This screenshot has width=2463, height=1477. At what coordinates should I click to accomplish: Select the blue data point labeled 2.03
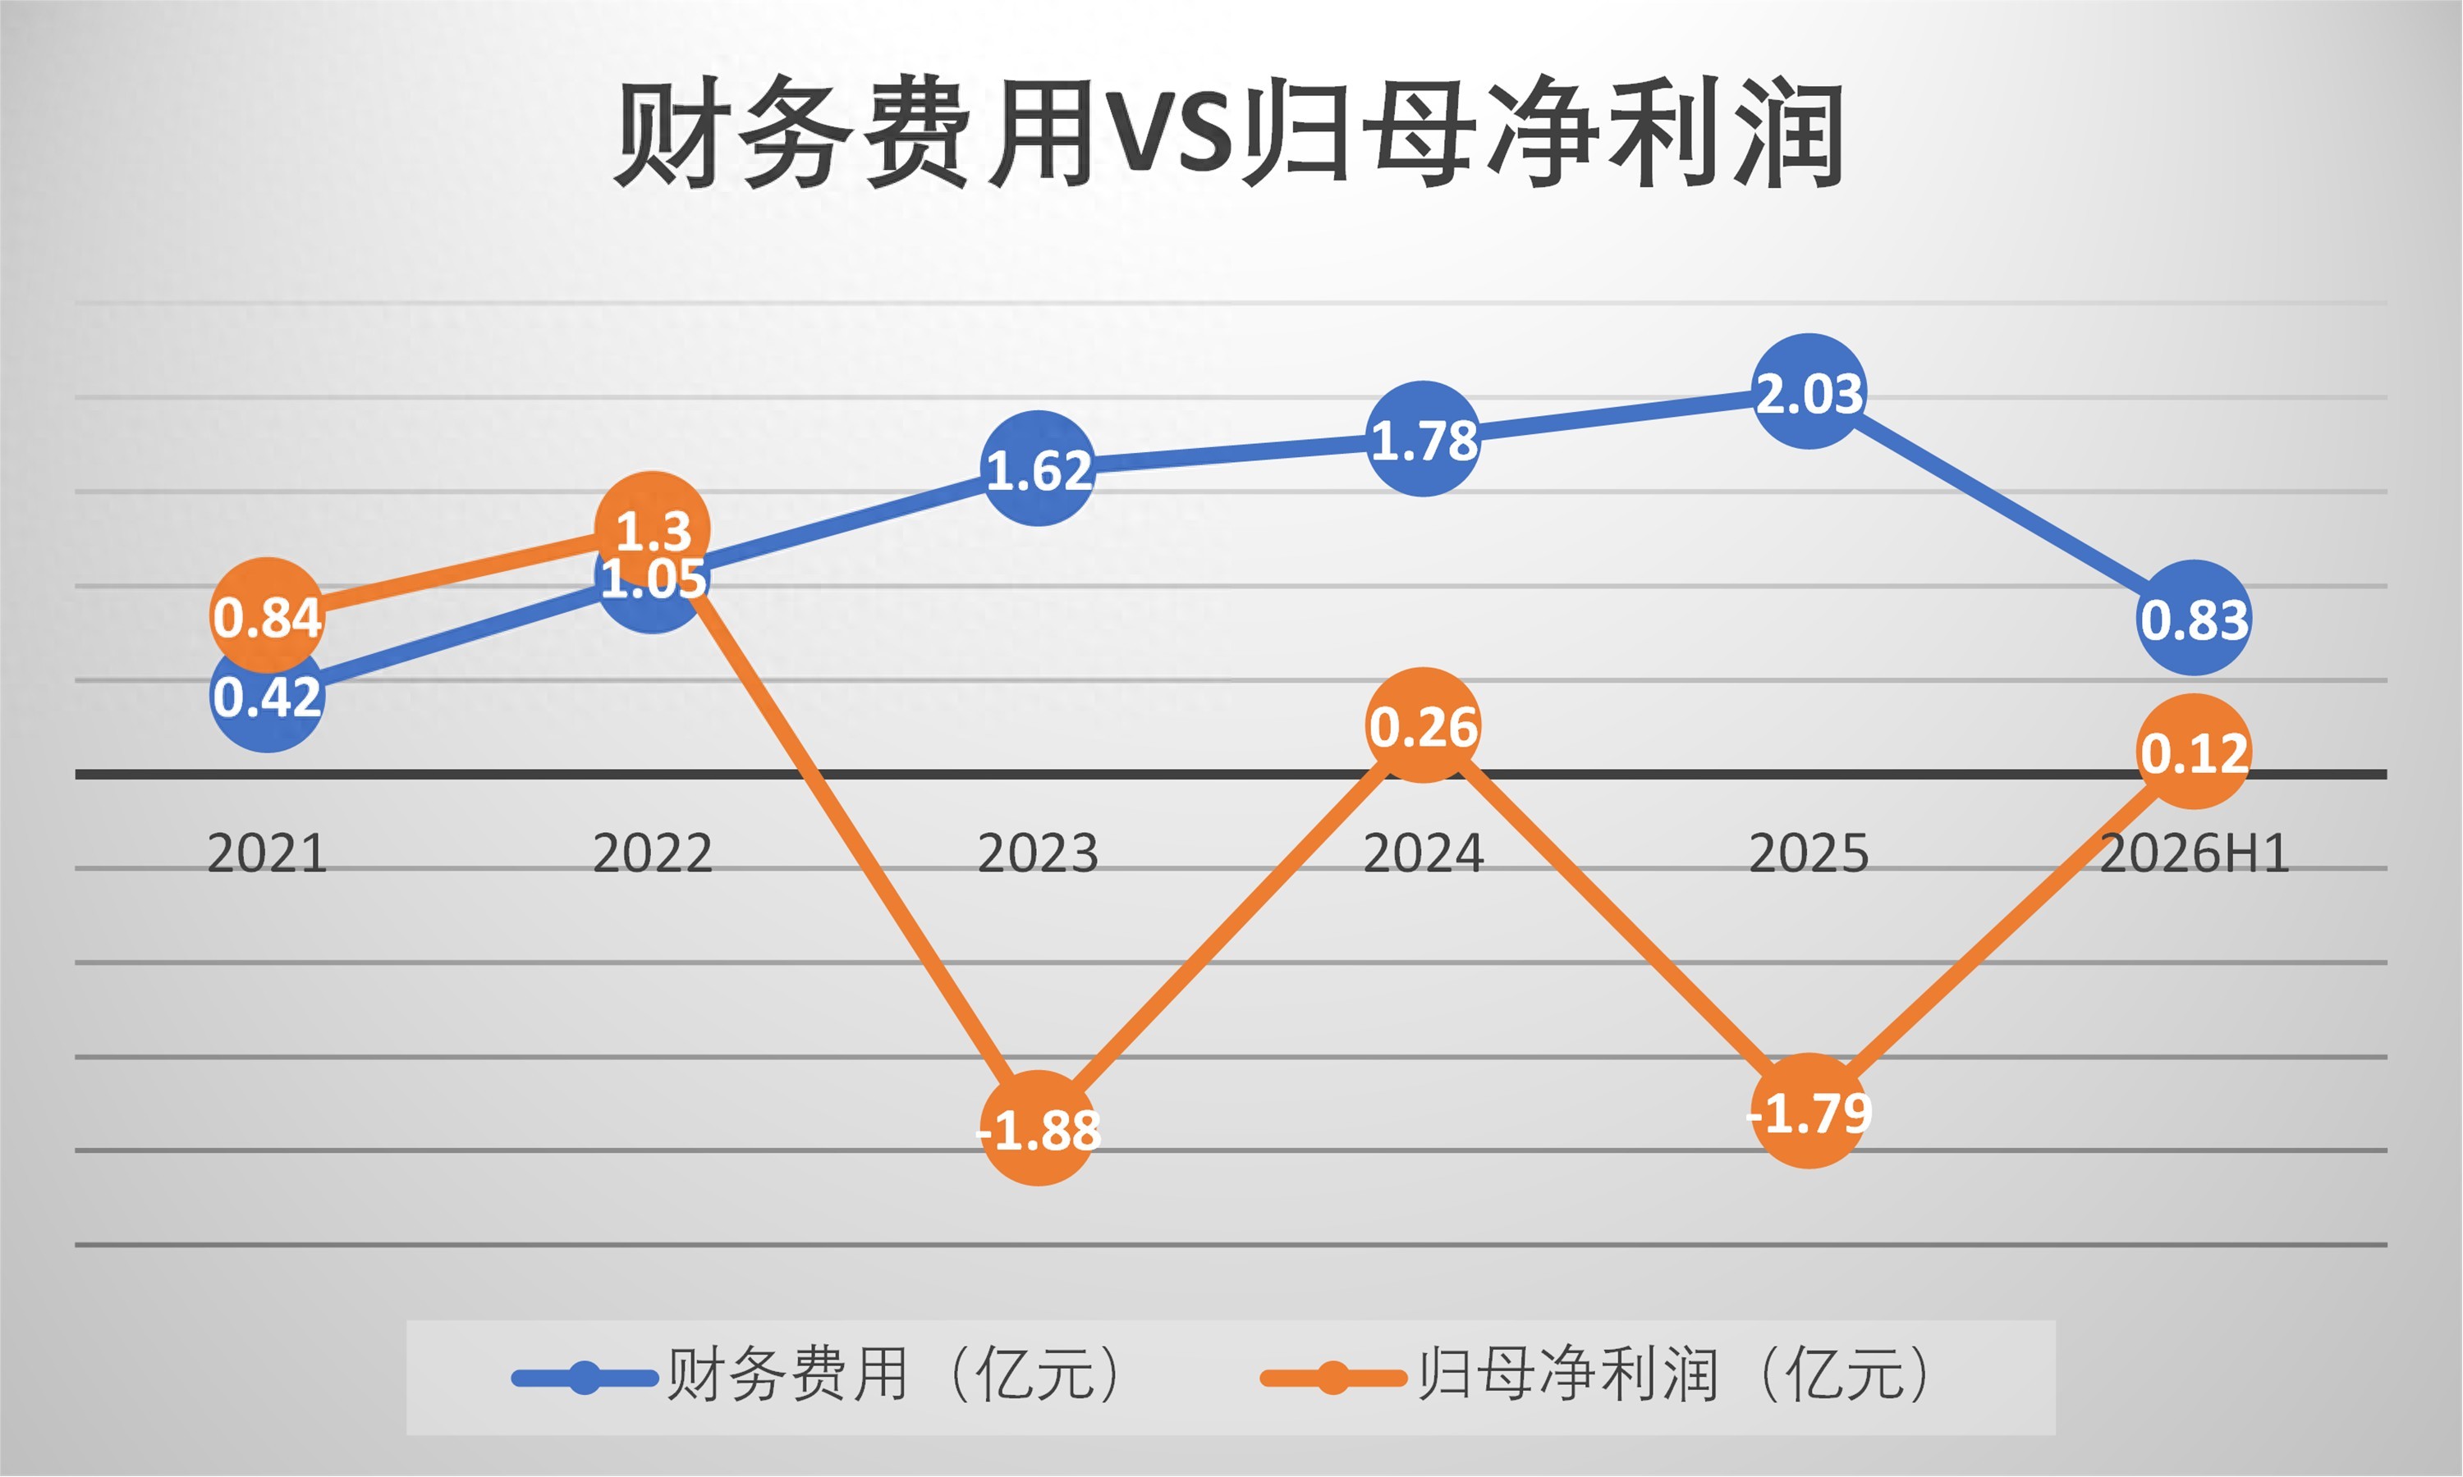click(1809, 391)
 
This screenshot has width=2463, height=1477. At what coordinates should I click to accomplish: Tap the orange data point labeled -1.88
click(1039, 1128)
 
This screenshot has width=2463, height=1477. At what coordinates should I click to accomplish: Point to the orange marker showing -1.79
click(1809, 1111)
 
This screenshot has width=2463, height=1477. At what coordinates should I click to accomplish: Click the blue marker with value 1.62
click(1039, 468)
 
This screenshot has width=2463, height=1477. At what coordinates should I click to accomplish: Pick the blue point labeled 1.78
click(1424, 439)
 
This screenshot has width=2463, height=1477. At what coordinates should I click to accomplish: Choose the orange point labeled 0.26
click(1424, 725)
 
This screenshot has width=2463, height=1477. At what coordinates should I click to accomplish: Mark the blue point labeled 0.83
click(2195, 618)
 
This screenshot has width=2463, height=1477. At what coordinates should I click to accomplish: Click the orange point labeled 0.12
click(2195, 752)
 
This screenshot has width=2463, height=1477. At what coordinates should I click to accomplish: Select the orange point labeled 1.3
click(652, 528)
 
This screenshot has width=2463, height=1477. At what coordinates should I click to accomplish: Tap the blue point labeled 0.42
click(268, 695)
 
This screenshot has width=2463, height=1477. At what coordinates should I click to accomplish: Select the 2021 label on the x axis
click(267, 853)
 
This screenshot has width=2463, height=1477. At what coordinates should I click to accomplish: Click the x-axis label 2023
click(1038, 853)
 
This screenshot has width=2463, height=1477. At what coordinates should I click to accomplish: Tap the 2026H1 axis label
click(2195, 853)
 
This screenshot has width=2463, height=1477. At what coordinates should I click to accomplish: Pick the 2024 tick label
click(1423, 853)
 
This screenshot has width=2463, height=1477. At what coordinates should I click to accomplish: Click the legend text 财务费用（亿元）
click(901, 1374)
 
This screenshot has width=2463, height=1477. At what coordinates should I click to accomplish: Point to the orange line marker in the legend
click(1333, 1379)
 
